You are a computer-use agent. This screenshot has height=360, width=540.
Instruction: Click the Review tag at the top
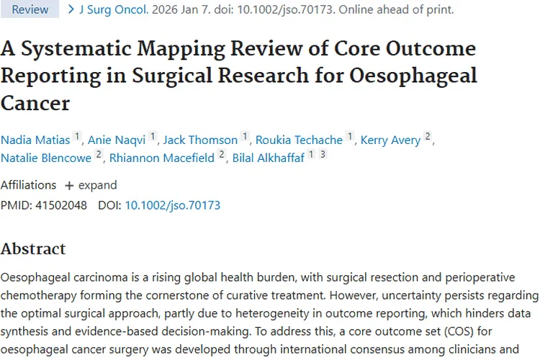tap(30, 10)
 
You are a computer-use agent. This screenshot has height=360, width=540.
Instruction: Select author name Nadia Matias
tap(35, 140)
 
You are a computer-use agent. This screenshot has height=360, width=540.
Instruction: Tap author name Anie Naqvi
tap(117, 140)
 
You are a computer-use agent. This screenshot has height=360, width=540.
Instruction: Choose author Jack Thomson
tap(200, 140)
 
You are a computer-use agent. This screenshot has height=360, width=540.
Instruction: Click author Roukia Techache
tap(299, 140)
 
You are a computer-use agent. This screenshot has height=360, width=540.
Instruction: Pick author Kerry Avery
tap(390, 140)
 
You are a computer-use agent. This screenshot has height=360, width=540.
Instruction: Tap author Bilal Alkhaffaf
tap(268, 158)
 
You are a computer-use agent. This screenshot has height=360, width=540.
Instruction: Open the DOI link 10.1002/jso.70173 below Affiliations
tap(173, 205)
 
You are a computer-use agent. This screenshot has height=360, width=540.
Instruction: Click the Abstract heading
tap(33, 249)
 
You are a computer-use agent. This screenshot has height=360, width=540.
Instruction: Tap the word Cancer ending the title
tap(35, 102)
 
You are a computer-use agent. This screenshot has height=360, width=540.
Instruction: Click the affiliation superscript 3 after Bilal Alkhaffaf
tap(323, 154)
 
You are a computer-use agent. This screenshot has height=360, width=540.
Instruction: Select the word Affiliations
tap(28, 185)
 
